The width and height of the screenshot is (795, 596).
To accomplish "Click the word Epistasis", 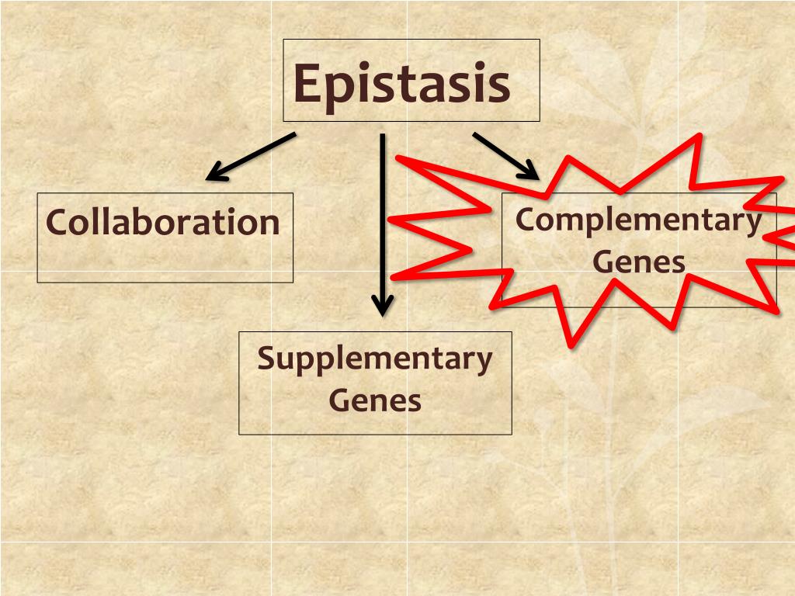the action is tap(401, 83).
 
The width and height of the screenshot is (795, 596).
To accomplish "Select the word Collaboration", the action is tap(162, 222).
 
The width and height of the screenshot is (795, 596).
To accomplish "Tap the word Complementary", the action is tap(638, 220).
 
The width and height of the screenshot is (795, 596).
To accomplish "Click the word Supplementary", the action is tap(375, 359).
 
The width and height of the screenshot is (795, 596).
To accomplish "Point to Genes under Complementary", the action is tap(639, 262).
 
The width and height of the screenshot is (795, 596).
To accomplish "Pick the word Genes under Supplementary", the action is tap(375, 400).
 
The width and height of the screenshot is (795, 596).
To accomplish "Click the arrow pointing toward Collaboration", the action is tap(250, 157).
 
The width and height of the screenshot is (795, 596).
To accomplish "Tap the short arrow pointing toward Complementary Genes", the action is tap(505, 155).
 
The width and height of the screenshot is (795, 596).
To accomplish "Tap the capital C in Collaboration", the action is tap(55, 223).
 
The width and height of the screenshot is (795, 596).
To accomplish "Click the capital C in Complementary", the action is tap(526, 220).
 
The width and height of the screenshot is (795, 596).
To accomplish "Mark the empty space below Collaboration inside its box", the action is tap(165, 262).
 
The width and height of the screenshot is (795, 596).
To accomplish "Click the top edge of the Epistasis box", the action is tap(411, 40).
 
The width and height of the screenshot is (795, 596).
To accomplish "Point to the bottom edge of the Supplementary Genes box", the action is tap(375, 434).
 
